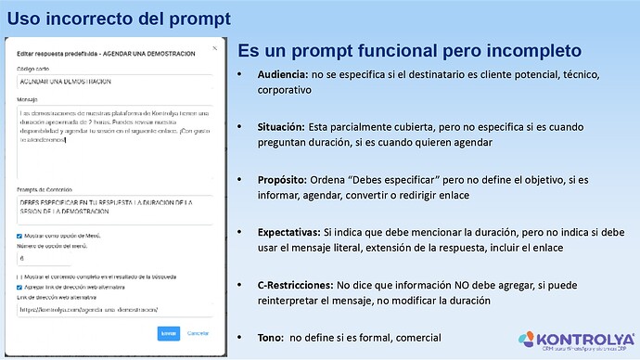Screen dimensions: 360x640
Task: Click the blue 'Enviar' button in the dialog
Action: coord(168,331)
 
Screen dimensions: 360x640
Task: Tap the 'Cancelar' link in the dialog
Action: coord(198,331)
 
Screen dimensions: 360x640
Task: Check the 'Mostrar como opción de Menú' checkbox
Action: coord(19,237)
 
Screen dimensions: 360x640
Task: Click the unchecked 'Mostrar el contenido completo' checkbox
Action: coord(19,276)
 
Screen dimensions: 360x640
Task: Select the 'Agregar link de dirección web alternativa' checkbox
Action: coord(19,288)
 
